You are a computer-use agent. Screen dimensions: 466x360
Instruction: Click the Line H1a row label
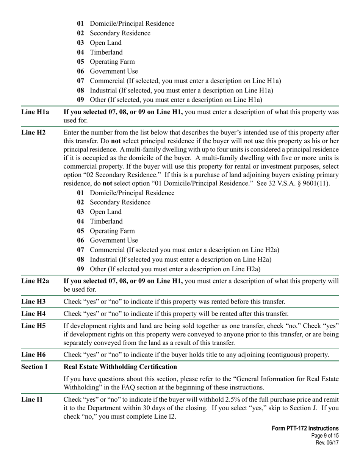click(x=35, y=112)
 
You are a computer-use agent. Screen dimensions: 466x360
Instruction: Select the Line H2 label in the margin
click(x=33, y=133)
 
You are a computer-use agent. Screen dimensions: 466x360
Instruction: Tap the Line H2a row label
click(x=35, y=281)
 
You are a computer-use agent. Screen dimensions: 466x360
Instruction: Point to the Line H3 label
click(x=33, y=302)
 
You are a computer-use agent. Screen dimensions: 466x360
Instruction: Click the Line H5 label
click(x=33, y=326)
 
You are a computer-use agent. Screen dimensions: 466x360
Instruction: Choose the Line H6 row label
click(x=33, y=355)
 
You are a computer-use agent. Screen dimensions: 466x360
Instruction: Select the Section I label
click(x=34, y=367)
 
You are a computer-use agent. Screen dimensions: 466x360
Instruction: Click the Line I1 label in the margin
click(x=32, y=399)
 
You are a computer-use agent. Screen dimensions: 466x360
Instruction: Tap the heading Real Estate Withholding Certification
click(x=120, y=367)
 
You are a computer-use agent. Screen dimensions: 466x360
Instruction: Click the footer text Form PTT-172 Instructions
click(x=305, y=428)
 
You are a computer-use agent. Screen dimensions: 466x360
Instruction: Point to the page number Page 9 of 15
click(x=324, y=436)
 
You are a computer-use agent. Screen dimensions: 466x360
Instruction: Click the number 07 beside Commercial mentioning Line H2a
click(x=80, y=250)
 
